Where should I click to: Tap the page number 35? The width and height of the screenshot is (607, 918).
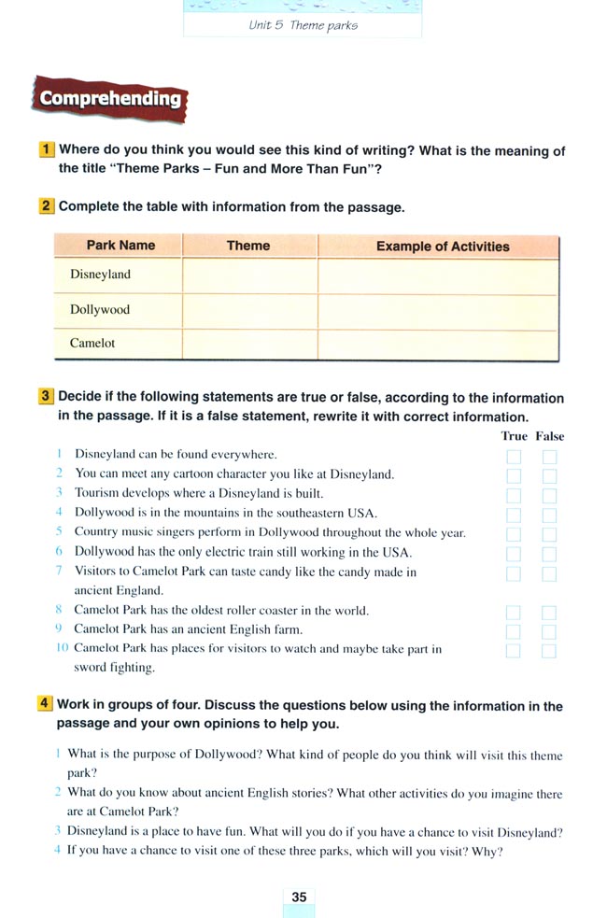(x=299, y=897)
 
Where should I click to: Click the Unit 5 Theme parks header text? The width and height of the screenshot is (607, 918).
(x=303, y=25)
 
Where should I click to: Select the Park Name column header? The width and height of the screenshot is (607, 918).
(x=120, y=246)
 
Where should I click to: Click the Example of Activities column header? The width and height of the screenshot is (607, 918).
(x=443, y=247)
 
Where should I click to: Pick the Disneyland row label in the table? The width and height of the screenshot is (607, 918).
(x=100, y=275)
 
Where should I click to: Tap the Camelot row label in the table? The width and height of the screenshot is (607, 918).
(x=92, y=343)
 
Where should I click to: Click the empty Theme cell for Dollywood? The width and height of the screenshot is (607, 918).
(x=249, y=309)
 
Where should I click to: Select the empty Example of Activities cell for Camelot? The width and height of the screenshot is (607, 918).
(x=437, y=343)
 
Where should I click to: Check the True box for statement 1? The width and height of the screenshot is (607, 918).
(x=514, y=457)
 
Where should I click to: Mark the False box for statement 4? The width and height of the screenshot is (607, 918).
(x=549, y=515)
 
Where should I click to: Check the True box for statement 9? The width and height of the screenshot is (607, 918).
(x=514, y=631)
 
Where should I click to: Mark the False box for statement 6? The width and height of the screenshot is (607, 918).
(x=549, y=554)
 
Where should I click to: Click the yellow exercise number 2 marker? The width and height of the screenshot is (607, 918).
(x=47, y=206)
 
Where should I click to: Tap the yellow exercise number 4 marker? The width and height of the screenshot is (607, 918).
(x=46, y=704)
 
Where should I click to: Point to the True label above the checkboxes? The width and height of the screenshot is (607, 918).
(x=514, y=436)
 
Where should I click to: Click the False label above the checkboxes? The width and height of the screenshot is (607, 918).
(x=550, y=436)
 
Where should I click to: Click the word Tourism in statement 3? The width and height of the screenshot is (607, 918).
(x=96, y=493)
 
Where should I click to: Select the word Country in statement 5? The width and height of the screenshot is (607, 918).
(x=96, y=532)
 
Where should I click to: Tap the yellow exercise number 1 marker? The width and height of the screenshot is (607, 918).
(x=47, y=149)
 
